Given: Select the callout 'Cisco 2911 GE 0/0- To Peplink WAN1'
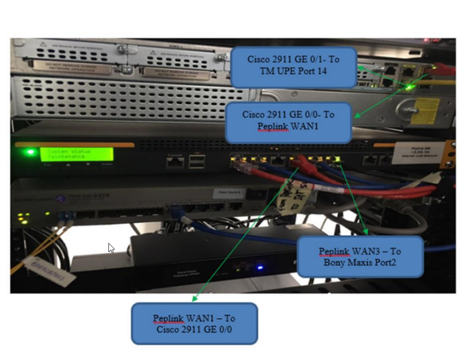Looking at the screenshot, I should pyautogui.click(x=288, y=122).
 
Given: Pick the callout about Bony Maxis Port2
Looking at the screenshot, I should pyautogui.click(x=360, y=257).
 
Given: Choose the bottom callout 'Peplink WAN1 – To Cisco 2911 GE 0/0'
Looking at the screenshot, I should pyautogui.click(x=194, y=323).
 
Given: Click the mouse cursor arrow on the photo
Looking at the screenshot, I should pyautogui.click(x=111, y=248).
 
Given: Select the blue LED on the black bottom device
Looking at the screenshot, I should pyautogui.click(x=260, y=268).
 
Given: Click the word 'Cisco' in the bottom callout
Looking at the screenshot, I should pyautogui.click(x=169, y=329).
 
